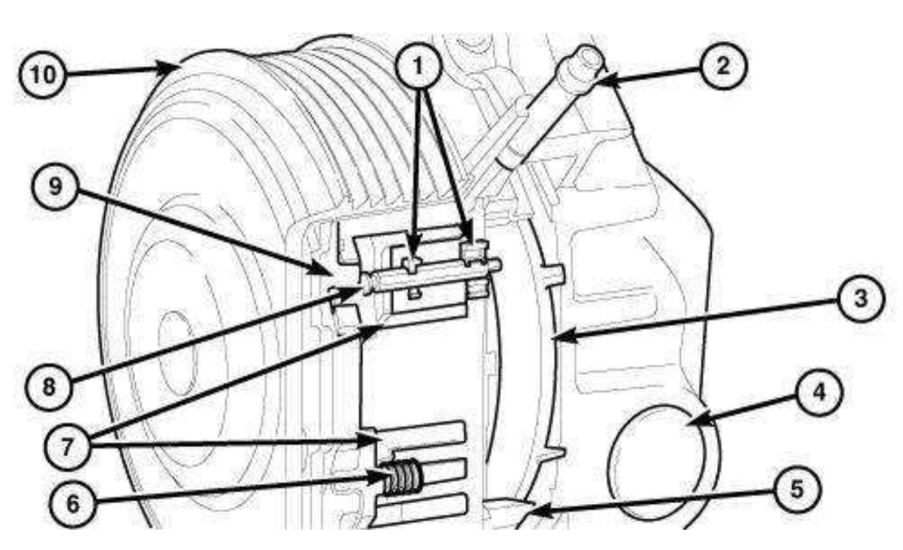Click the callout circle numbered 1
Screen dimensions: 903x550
click(419, 66)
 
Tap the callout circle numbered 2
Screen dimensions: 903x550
click(724, 66)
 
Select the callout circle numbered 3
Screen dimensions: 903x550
click(861, 299)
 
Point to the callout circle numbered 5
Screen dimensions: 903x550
click(797, 490)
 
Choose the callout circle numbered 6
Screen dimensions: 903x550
click(72, 504)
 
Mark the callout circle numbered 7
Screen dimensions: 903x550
click(67, 447)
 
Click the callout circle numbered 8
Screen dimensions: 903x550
click(49, 387)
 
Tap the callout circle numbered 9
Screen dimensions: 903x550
click(55, 186)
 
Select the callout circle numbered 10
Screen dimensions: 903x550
click(42, 75)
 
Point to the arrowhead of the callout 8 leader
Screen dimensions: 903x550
click(350, 293)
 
